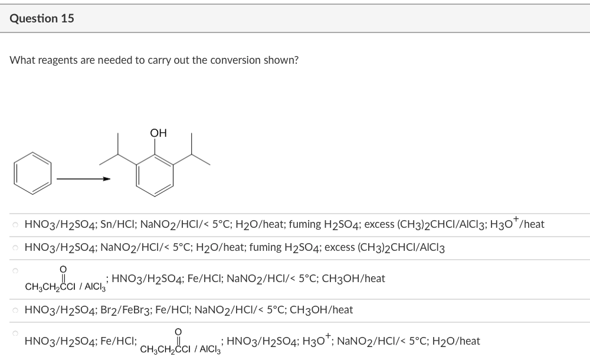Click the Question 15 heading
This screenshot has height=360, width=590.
(42, 18)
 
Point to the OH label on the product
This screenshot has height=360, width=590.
(158, 133)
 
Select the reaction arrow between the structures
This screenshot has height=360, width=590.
(83, 178)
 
